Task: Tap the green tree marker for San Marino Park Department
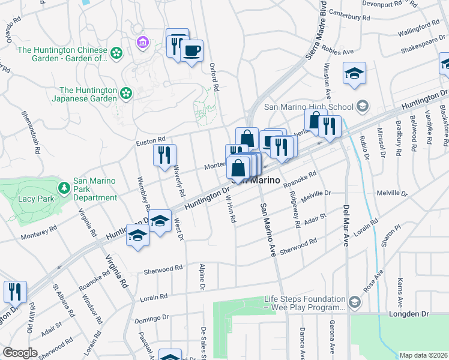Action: [x=64, y=188]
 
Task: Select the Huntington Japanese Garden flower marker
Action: [x=125, y=92]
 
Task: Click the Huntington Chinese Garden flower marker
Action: [x=116, y=55]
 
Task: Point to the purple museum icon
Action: [x=142, y=42]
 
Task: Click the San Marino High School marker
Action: [x=361, y=107]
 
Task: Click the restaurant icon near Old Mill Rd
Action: [x=15, y=292]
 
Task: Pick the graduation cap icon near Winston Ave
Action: [x=354, y=73]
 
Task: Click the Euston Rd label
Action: [x=151, y=140]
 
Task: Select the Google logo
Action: [x=20, y=353]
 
